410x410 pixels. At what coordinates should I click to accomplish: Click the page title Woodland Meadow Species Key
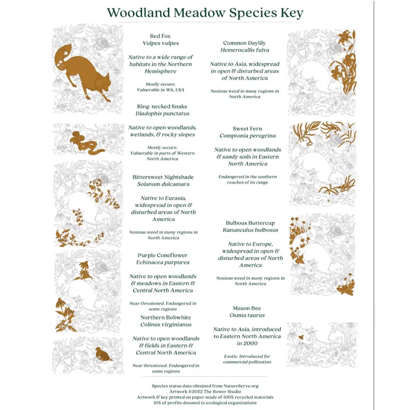click(x=205, y=12)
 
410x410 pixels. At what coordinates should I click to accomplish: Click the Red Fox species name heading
click(x=160, y=36)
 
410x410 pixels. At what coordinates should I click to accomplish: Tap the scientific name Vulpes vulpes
click(x=161, y=43)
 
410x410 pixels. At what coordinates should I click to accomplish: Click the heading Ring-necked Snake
click(x=162, y=107)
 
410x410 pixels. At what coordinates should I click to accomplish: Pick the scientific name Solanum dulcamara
click(x=163, y=184)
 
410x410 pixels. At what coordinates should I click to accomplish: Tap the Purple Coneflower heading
click(x=163, y=255)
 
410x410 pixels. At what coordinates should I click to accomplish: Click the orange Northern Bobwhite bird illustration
click(x=103, y=354)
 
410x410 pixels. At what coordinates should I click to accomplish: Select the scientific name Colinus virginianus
click(x=166, y=325)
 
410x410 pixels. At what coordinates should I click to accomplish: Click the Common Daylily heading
click(x=244, y=43)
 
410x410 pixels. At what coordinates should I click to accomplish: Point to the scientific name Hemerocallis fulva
click(x=245, y=50)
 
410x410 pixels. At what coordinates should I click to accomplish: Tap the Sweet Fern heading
click(x=247, y=129)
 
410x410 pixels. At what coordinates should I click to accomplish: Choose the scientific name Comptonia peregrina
click(x=247, y=136)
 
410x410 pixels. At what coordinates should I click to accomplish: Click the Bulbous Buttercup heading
click(x=250, y=223)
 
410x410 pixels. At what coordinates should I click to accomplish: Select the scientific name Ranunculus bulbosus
click(x=250, y=230)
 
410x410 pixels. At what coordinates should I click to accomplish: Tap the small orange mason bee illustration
click(x=301, y=337)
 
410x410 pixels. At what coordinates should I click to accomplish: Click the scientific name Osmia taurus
click(x=247, y=316)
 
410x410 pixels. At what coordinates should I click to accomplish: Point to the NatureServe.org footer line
click(x=205, y=386)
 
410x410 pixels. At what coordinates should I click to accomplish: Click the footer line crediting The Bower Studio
click(x=205, y=392)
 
